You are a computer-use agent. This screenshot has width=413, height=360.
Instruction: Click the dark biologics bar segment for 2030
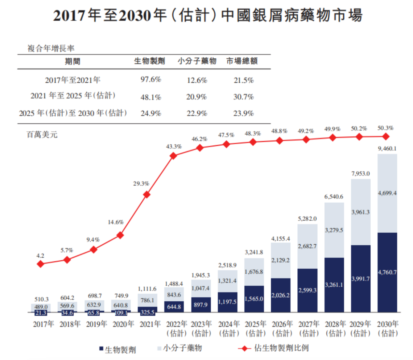point(387,272)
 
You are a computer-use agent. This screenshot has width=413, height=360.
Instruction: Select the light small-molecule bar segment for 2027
point(307,246)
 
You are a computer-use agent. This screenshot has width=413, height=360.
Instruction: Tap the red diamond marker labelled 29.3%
point(147,194)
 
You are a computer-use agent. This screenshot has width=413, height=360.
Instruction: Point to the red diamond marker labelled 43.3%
point(174,156)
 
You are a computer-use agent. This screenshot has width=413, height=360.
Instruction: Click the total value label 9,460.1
point(387,149)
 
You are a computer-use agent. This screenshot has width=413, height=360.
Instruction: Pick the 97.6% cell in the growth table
point(151,79)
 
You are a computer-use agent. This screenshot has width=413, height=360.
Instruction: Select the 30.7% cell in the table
point(243,97)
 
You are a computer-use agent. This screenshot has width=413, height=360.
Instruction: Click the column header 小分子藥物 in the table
point(197,61)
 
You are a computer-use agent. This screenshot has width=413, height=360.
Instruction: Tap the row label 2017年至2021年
point(73,80)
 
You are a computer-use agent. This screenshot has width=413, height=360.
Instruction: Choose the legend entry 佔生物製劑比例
point(281,348)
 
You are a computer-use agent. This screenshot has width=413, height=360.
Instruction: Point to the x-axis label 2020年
point(123,324)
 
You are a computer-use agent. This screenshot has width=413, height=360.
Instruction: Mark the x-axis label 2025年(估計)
point(255,328)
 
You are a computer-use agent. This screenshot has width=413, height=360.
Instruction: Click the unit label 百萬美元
point(42,135)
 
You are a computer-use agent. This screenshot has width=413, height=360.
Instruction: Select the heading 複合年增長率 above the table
point(51,49)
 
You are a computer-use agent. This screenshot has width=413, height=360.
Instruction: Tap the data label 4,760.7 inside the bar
point(387,272)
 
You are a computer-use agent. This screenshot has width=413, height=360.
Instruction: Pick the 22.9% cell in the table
point(197,113)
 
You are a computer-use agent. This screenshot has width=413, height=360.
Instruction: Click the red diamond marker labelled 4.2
point(40,264)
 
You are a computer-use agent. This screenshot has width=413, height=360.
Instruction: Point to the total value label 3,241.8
point(254,252)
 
